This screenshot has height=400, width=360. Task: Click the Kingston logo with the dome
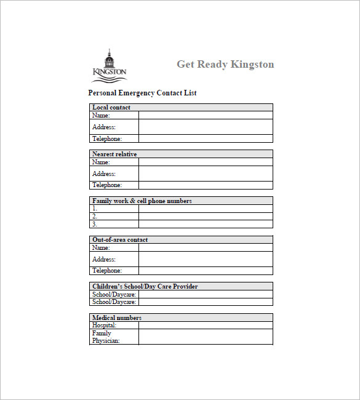click(110, 65)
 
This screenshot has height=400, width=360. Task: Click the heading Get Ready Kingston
click(225, 64)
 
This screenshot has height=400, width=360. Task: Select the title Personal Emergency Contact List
click(142, 93)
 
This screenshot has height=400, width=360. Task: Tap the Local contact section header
click(111, 108)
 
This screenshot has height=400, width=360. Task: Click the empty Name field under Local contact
click(205, 115)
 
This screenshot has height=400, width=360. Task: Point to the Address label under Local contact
click(104, 127)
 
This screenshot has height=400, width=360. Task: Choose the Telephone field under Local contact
click(205, 138)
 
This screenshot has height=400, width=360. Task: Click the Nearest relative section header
click(114, 154)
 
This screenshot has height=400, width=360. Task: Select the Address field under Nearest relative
click(205, 174)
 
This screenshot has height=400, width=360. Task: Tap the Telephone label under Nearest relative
click(107, 185)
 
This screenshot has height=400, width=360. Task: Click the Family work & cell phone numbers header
click(142, 201)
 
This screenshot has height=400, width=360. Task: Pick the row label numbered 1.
click(95, 209)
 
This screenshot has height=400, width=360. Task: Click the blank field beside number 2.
click(205, 216)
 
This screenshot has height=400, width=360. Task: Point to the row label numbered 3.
click(95, 224)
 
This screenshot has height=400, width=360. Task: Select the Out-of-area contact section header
click(119, 239)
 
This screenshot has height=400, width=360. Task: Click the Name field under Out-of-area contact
click(205, 247)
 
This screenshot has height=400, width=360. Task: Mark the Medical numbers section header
click(116, 318)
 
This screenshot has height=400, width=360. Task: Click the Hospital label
click(104, 325)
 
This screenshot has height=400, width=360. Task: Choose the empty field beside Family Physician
click(205, 337)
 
